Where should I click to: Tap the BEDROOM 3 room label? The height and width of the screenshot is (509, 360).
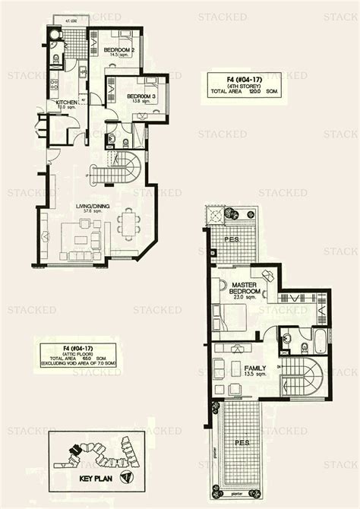[x=125, y=96]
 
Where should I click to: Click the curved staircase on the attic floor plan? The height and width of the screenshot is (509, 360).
[x=307, y=377]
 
